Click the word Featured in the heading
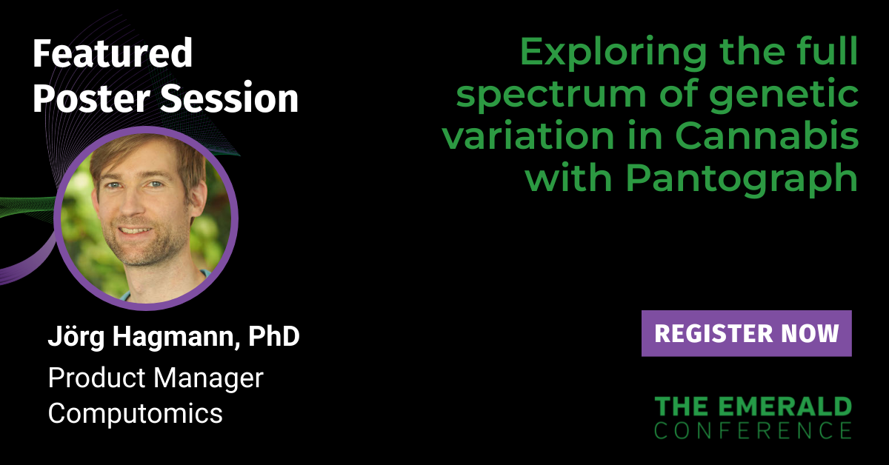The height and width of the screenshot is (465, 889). click(113, 53)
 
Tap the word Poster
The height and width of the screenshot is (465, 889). click(91, 98)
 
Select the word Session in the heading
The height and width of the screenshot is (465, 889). click(229, 98)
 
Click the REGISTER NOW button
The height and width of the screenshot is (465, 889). click(746, 333)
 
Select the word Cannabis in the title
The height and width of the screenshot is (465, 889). click(767, 136)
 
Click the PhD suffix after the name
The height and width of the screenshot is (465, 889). click(274, 336)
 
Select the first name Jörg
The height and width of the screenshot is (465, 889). click(76, 337)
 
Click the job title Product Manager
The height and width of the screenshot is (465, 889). click(156, 378)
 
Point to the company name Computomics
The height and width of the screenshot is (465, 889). click(136, 413)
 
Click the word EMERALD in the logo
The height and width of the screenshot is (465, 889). click(785, 407)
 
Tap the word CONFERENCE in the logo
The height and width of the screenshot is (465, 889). click(753, 430)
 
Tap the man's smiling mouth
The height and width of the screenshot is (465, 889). click(134, 230)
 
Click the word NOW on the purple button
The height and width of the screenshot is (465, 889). click(810, 333)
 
